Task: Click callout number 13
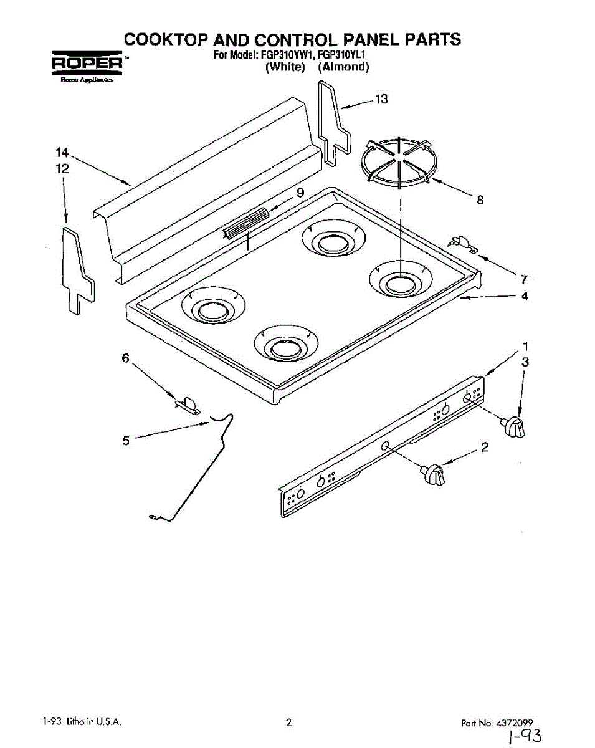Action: [381, 99]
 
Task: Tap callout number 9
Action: [300, 193]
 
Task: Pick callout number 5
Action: [126, 441]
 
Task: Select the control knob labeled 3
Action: [515, 427]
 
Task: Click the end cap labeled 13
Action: [333, 125]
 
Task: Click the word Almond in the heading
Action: [344, 67]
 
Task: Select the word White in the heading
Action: [285, 67]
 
